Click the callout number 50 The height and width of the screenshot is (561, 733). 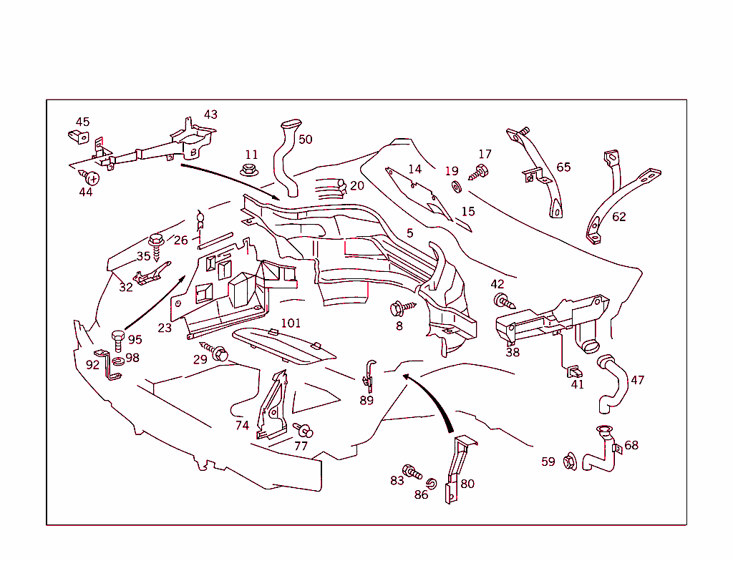pos(305,140)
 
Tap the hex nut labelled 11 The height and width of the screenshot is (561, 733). pos(250,170)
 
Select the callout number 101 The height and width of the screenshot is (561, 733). pos(291,323)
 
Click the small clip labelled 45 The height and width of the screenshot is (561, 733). pos(78,137)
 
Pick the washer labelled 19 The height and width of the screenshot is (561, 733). pos(456,187)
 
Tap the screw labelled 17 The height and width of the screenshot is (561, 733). pos(478,172)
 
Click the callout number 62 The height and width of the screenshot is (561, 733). pos(618,217)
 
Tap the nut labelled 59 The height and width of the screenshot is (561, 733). pos(570,462)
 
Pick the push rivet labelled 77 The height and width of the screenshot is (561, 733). pos(303,429)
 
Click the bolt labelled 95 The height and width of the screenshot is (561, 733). pos(118,341)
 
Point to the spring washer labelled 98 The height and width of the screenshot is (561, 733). pos(118,361)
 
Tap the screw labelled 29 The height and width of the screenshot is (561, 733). pos(214,351)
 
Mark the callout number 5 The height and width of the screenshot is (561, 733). pos(409,233)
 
